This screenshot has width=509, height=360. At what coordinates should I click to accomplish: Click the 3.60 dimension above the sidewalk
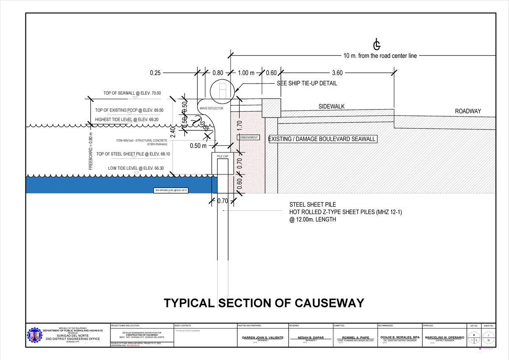[x=338, y=73]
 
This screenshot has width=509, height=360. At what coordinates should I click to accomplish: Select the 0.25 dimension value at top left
[x=155, y=73]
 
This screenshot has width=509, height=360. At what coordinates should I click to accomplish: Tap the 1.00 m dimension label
[x=246, y=73]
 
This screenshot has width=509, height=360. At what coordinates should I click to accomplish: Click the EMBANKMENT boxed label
[x=249, y=138]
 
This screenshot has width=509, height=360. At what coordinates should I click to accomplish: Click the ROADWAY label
[x=468, y=111]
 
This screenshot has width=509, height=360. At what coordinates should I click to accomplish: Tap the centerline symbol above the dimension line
[x=376, y=45]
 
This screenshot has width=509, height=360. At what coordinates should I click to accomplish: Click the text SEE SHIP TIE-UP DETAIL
[x=307, y=84]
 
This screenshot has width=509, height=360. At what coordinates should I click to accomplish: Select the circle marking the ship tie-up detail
[x=222, y=90]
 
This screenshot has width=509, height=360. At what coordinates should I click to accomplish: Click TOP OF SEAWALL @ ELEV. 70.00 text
[x=132, y=93]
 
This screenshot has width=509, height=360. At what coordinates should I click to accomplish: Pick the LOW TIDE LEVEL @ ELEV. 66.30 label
[x=136, y=168]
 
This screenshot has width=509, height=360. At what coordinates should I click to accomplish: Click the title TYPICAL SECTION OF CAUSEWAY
[x=264, y=303]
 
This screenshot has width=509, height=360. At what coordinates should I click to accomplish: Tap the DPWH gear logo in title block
[x=35, y=338]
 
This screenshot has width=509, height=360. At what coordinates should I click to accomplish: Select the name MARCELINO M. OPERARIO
[x=445, y=337]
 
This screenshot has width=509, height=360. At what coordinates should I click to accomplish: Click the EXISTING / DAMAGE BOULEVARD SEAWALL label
[x=322, y=139]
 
